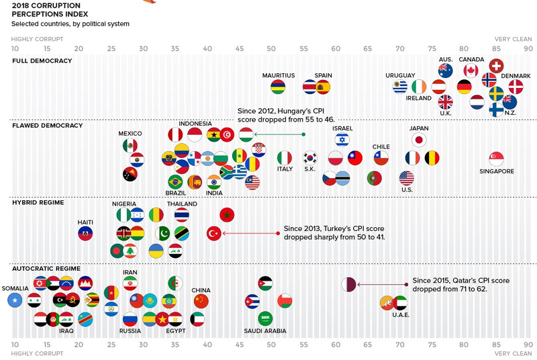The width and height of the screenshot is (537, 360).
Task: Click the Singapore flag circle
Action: pyautogui.click(x=497, y=159)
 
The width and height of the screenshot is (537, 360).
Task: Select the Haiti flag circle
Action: pyautogui.click(x=85, y=233)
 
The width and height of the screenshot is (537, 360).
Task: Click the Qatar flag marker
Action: pyautogui.click(x=349, y=285)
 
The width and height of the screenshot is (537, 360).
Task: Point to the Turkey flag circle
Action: pyautogui.click(x=213, y=233)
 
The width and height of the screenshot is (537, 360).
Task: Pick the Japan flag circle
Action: pyautogui.click(x=419, y=140)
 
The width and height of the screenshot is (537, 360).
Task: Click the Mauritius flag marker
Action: pyautogui.click(x=278, y=87)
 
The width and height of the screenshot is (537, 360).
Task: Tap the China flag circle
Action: pyautogui.click(x=201, y=301)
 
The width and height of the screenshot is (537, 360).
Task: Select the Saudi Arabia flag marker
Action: pyautogui.click(x=265, y=318)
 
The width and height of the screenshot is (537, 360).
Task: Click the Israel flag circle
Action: pyautogui.click(x=342, y=140)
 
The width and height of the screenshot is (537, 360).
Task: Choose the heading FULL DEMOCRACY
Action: pyautogui.click(x=42, y=61)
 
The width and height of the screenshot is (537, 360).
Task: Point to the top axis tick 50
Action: pyautogui.click(x=271, y=48)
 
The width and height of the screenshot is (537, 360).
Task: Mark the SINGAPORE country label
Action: pyautogui.click(x=497, y=171)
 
